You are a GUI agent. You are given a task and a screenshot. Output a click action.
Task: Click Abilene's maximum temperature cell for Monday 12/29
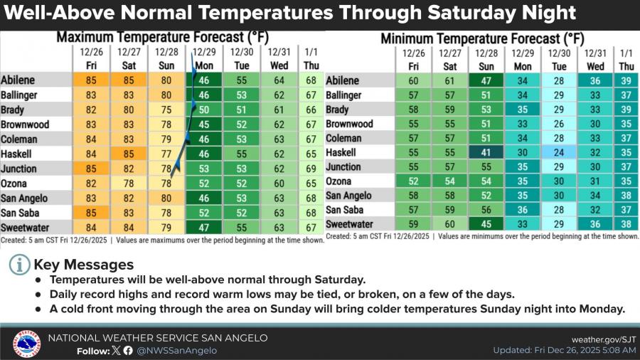coord(203,80)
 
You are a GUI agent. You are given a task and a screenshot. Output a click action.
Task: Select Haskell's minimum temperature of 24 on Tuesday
coord(559,152)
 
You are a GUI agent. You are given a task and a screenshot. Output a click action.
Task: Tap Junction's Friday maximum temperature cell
coord(91,169)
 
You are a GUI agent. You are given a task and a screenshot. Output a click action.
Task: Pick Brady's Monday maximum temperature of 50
coord(203,110)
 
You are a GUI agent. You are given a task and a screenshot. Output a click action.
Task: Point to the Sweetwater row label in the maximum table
coord(25,228)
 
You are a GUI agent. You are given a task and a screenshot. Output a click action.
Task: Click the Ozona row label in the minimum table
coord(338,181)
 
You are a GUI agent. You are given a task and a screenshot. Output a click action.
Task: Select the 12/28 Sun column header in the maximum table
coord(166,59)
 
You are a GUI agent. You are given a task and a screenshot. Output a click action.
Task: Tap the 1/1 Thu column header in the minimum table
coord(626,60)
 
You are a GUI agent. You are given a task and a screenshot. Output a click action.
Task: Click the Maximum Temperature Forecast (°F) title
coord(162,38)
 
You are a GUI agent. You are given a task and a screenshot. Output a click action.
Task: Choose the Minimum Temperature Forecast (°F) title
coord(482,39)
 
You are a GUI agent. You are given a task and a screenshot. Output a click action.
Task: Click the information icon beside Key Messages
coord(20,265)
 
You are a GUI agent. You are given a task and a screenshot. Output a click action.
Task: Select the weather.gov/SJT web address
coord(604,339)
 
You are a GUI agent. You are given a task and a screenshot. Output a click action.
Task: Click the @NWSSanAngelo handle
coord(177,351)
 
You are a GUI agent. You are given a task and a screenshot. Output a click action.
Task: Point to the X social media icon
coord(117,351)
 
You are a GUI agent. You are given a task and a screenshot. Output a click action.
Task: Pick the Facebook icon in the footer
coord(128,351)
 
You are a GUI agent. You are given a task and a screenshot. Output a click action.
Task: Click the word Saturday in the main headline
coord(471,13)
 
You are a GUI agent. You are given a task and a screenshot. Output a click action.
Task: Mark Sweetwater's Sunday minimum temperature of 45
coord(486,224)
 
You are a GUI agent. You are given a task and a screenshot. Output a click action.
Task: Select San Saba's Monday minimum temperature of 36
coord(523,210)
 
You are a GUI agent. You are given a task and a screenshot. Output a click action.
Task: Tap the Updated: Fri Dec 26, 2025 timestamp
coord(565,350)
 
